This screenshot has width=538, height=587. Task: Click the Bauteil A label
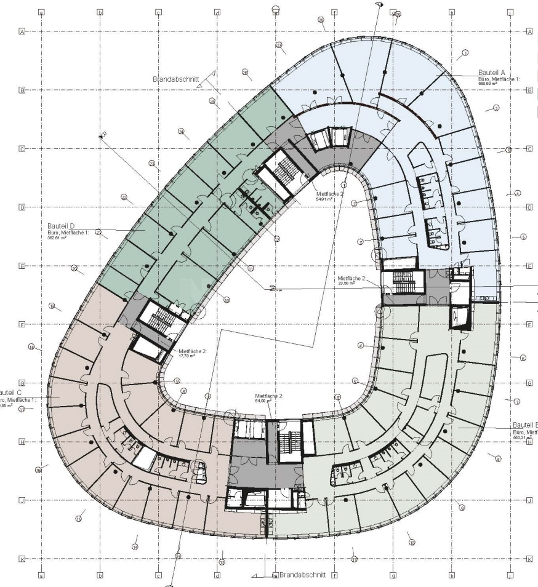(491, 73)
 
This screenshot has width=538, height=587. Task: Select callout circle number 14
(135, 546)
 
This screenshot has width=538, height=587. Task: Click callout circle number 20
(74, 268)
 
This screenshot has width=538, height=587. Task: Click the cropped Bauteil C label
(11, 392)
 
